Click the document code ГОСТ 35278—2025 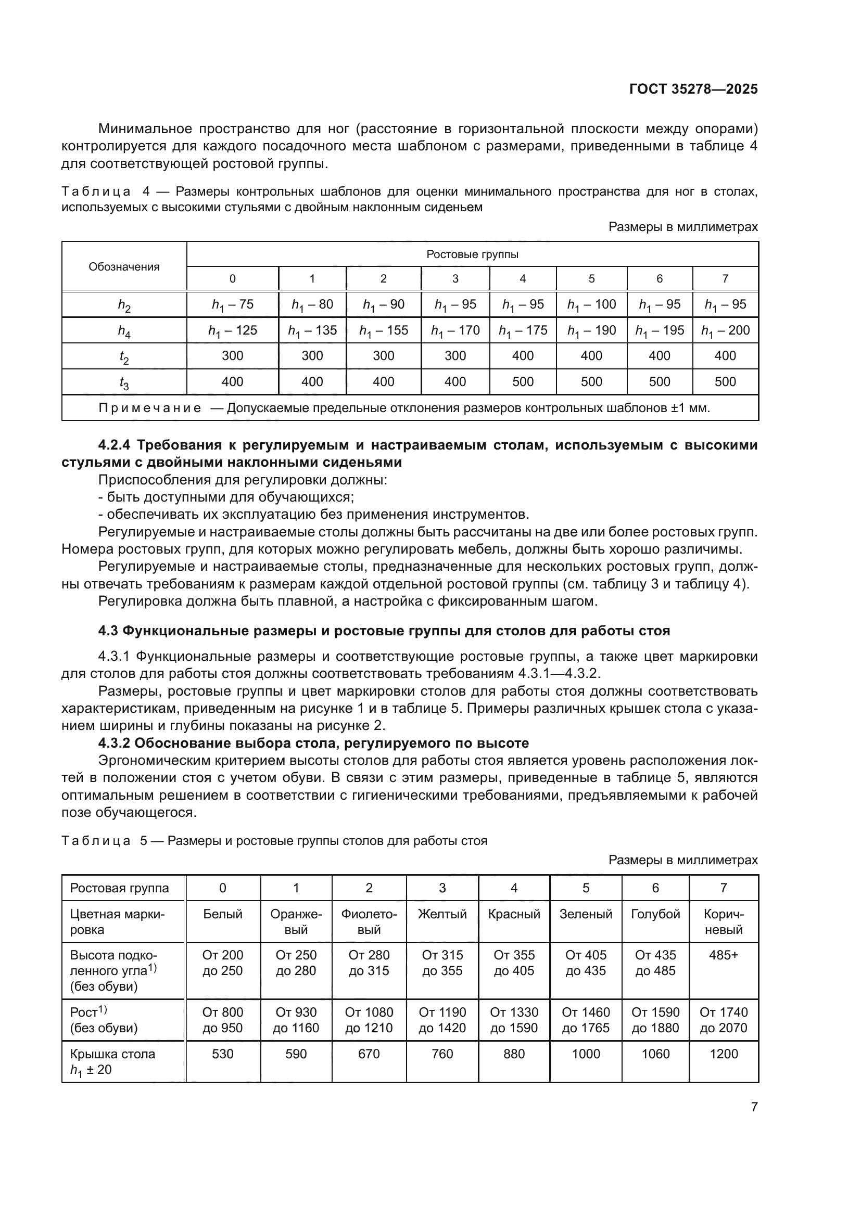[693, 89]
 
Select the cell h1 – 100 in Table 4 [591, 304]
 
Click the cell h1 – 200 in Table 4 [725, 330]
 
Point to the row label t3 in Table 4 [123, 382]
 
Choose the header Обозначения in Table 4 [123, 266]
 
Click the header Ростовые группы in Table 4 [472, 254]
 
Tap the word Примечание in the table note [149, 408]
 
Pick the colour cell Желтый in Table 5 [441, 914]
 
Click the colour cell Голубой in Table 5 [655, 914]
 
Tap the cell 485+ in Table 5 [723, 955]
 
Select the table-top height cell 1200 [723, 1054]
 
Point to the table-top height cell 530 [222, 1054]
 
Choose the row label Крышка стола [112, 1054]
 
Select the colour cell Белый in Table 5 [222, 914]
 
